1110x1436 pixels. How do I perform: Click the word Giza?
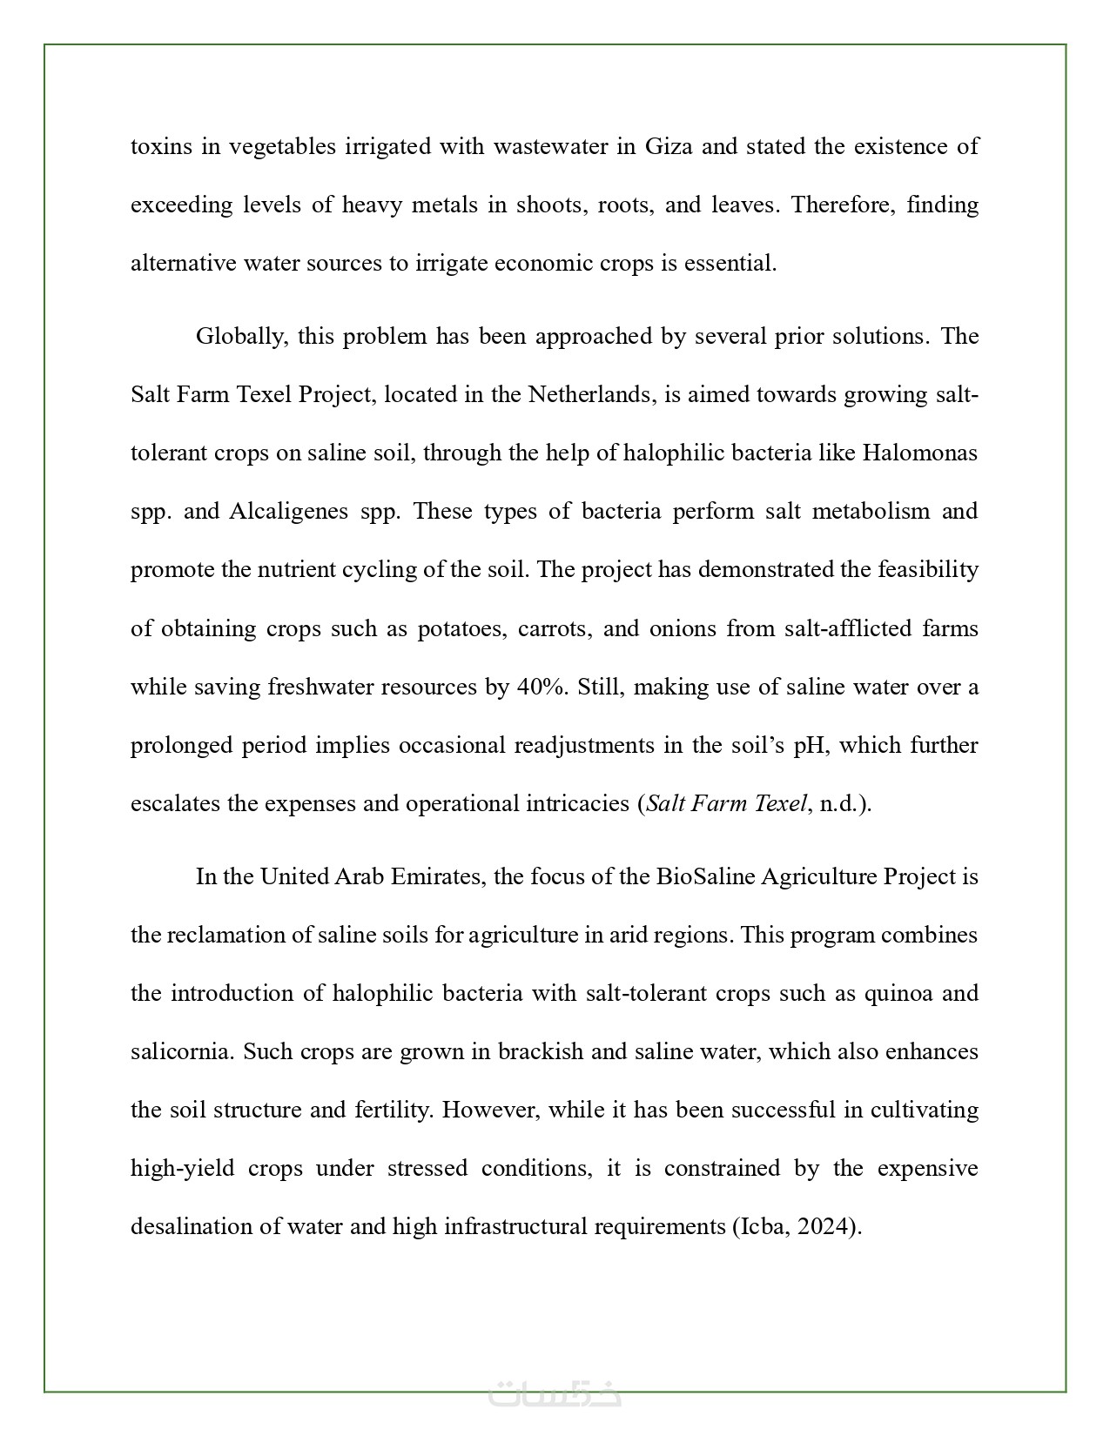(669, 146)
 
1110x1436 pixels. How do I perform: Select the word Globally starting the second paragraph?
(240, 337)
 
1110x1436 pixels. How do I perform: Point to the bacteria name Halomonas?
(919, 453)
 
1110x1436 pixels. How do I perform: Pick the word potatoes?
(461, 628)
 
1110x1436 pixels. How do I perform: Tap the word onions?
(680, 628)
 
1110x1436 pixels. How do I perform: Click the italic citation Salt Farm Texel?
(726, 803)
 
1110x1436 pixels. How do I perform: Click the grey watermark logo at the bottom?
(555, 1393)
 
